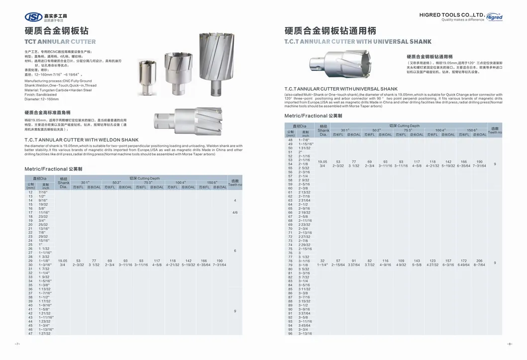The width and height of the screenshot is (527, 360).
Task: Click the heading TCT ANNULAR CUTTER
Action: pyautogui.click(x=60, y=42)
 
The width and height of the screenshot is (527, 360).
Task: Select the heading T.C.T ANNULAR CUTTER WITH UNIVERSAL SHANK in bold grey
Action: pyautogui.click(x=358, y=42)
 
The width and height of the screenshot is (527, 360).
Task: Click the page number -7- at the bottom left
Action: pyautogui.click(x=16, y=344)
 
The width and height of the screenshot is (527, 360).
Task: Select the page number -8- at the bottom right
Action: pyautogui.click(x=510, y=344)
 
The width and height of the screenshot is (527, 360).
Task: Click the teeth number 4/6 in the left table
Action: pyautogui.click(x=234, y=213)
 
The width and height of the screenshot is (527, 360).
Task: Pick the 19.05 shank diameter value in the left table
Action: pyautogui.click(x=63, y=260)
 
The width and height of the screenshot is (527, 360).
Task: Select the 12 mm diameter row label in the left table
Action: pyautogui.click(x=30, y=192)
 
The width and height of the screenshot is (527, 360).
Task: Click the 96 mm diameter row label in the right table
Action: pyautogui.click(x=290, y=334)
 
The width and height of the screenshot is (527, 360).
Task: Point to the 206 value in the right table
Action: pyautogui.click(x=479, y=261)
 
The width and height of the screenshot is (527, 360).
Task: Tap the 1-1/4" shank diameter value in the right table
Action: pyautogui.click(x=323, y=265)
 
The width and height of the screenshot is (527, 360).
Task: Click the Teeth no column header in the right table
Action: pyautogui.click(x=495, y=130)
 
